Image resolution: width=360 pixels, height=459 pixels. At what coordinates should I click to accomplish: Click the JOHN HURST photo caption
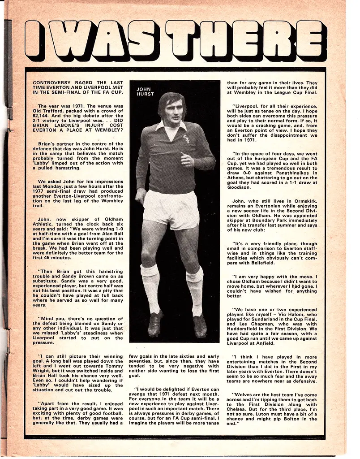144,91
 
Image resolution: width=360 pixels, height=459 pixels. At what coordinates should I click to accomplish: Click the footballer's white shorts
170,208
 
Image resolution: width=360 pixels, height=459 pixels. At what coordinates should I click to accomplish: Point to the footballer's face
172,110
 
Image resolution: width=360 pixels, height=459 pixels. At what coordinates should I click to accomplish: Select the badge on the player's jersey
185,139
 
